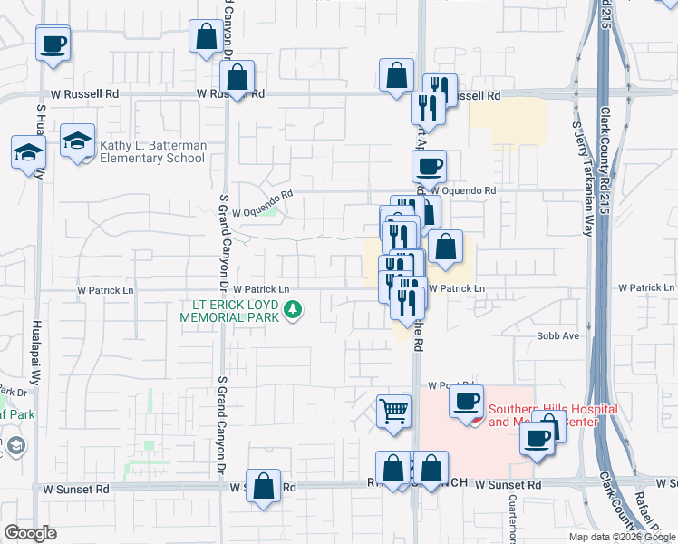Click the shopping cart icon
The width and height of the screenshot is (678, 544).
(x=394, y=412)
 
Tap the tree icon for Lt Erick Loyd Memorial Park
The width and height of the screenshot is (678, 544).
(x=293, y=312)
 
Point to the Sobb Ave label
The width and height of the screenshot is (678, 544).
(x=558, y=335)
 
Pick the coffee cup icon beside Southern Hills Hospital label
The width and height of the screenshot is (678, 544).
(x=467, y=401)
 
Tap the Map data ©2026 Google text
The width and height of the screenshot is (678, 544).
(x=621, y=537)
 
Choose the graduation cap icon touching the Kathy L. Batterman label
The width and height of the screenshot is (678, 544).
(x=78, y=141)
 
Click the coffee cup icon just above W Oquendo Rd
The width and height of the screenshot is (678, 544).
(x=429, y=166)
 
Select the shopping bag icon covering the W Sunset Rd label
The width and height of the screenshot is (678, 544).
(x=263, y=486)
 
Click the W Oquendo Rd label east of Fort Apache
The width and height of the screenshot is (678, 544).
(x=463, y=191)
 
